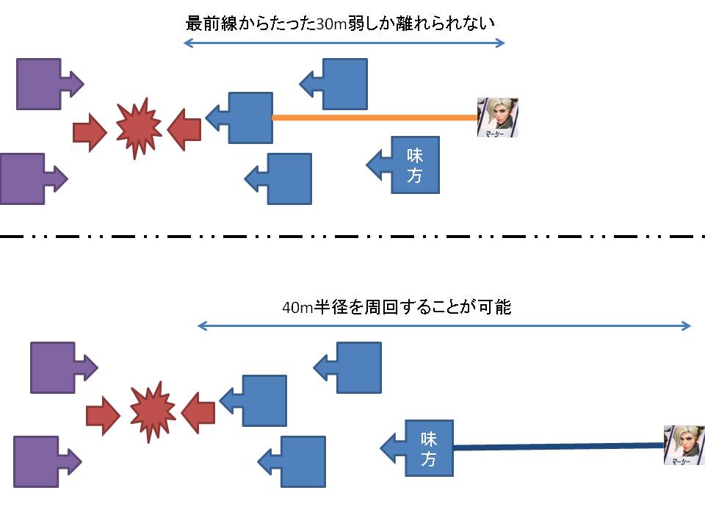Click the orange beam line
[375, 118]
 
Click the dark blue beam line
[558, 446]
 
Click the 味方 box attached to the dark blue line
[429, 448]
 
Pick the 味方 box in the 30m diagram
[415, 165]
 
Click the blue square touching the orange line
[250, 118]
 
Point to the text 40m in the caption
[297, 308]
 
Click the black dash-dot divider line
[352, 237]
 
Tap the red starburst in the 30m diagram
[137, 128]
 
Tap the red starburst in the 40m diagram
[152, 411]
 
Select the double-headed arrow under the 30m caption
[344, 43]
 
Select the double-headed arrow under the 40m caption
[444, 326]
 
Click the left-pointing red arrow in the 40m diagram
[198, 413]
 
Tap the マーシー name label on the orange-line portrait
[496, 134]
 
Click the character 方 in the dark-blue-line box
[429, 459]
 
